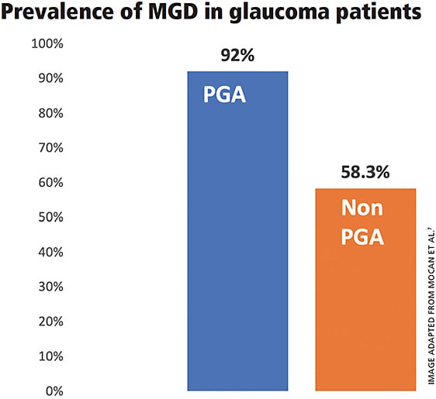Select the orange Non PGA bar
[x=365, y=310]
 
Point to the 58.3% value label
[x=365, y=173]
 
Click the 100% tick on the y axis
[x=46, y=44]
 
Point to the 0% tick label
[x=51, y=390]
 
